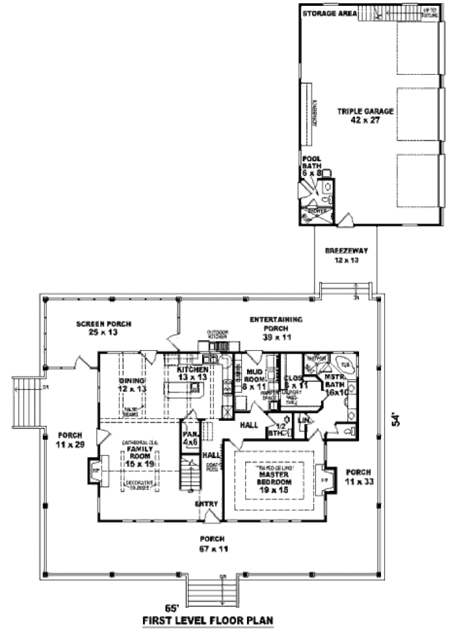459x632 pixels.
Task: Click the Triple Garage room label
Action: pyautogui.click(x=365, y=115)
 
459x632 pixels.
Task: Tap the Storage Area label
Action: pyautogui.click(x=329, y=13)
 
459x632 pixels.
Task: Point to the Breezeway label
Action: pyautogui.click(x=343, y=255)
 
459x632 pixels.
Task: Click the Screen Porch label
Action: pyautogui.click(x=104, y=328)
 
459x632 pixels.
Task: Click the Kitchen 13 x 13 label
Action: pyautogui.click(x=192, y=373)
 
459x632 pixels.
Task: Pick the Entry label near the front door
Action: pyautogui.click(x=206, y=504)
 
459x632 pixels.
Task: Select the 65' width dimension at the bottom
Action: pyautogui.click(x=171, y=608)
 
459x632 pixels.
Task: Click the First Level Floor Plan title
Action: pyautogui.click(x=208, y=621)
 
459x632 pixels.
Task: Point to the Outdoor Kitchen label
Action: pyautogui.click(x=218, y=334)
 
